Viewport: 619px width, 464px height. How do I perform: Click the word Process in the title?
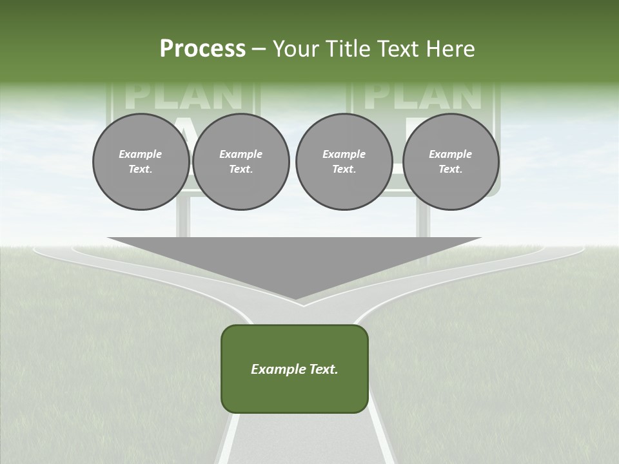pyautogui.click(x=202, y=49)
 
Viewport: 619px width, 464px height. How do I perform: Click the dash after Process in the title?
pyautogui.click(x=259, y=50)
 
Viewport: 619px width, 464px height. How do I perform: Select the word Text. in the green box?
pyautogui.click(x=323, y=369)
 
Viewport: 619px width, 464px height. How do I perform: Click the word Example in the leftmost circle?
pyautogui.click(x=141, y=154)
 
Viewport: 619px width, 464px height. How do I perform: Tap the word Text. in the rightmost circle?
pyautogui.click(x=451, y=169)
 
